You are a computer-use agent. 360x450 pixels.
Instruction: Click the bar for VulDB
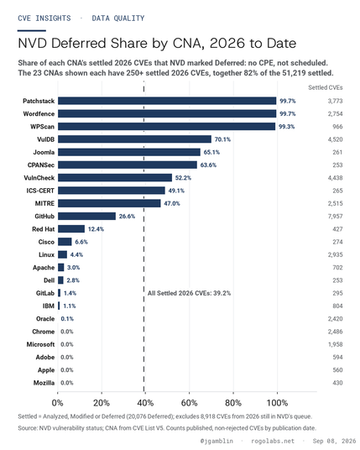coord(134,139)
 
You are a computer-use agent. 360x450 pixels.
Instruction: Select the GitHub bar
coord(86,216)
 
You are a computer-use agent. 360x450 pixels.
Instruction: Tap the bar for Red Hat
coord(71,228)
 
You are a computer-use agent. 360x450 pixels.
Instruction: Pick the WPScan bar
coord(166,126)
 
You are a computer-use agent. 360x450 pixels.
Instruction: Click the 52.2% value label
coord(183,178)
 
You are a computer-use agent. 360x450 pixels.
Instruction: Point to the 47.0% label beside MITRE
coord(172,203)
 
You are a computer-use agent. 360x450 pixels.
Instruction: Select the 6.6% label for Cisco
coord(81,242)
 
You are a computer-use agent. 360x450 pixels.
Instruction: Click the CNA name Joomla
coord(44,152)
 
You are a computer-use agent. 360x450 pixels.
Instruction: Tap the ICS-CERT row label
coord(40,191)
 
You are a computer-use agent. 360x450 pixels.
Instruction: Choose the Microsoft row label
coord(40,344)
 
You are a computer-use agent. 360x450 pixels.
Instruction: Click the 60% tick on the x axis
coord(190,403)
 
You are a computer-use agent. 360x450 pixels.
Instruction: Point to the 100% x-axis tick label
coord(278,403)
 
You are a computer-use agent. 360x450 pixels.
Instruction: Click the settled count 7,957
coord(336,216)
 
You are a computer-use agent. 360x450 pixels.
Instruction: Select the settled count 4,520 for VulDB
coord(336,139)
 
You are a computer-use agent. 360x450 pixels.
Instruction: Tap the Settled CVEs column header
coord(326,87)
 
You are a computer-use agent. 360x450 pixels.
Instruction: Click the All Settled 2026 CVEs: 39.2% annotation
coord(189,293)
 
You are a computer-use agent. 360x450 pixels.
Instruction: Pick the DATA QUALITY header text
coord(118,18)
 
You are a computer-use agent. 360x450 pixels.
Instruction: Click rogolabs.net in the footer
coord(273,441)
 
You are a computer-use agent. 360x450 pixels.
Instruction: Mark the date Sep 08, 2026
coord(334,441)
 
